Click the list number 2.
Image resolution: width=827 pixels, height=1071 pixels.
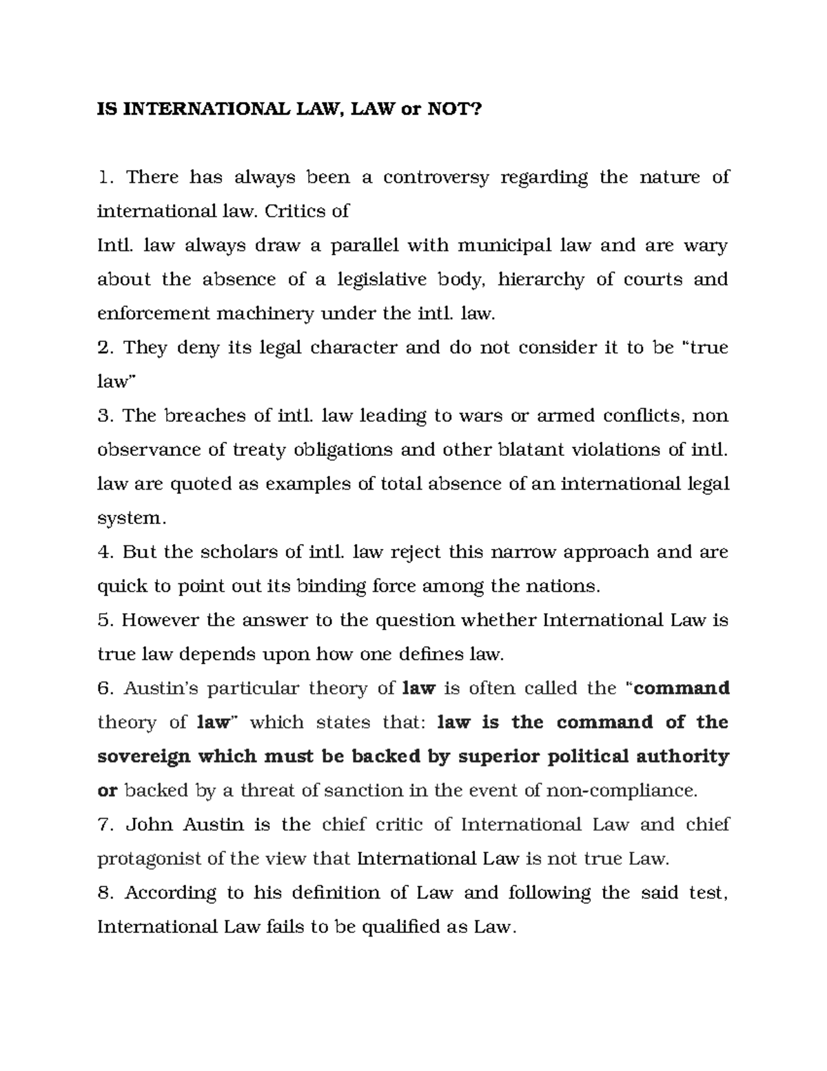104,348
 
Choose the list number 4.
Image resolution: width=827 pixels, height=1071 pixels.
104,552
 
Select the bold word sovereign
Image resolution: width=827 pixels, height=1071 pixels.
143,757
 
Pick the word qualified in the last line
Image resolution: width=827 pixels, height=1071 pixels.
400,927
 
